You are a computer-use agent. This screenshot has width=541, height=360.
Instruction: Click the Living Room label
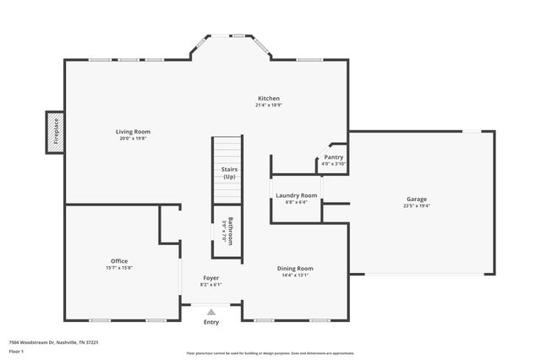133,131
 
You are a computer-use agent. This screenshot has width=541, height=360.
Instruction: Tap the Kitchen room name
269,98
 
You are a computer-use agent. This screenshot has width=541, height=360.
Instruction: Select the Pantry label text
334,156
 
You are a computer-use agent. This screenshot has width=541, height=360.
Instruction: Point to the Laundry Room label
296,196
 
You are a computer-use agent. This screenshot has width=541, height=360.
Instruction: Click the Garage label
416,199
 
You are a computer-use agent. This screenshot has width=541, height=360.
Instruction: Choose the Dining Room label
295,269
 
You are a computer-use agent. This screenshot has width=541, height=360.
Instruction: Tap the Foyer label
210,277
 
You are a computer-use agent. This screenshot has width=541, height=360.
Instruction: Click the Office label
119,261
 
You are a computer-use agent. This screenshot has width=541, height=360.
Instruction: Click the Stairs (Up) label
230,172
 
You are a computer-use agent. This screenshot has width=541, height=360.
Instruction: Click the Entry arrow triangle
211,311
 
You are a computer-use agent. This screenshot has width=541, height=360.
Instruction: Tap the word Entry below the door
211,322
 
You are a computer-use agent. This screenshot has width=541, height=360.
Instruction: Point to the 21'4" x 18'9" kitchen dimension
269,106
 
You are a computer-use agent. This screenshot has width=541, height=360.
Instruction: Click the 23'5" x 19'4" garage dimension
416,206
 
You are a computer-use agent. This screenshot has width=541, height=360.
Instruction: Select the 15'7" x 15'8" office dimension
119,268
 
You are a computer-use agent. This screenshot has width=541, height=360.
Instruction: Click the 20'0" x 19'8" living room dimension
133,138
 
